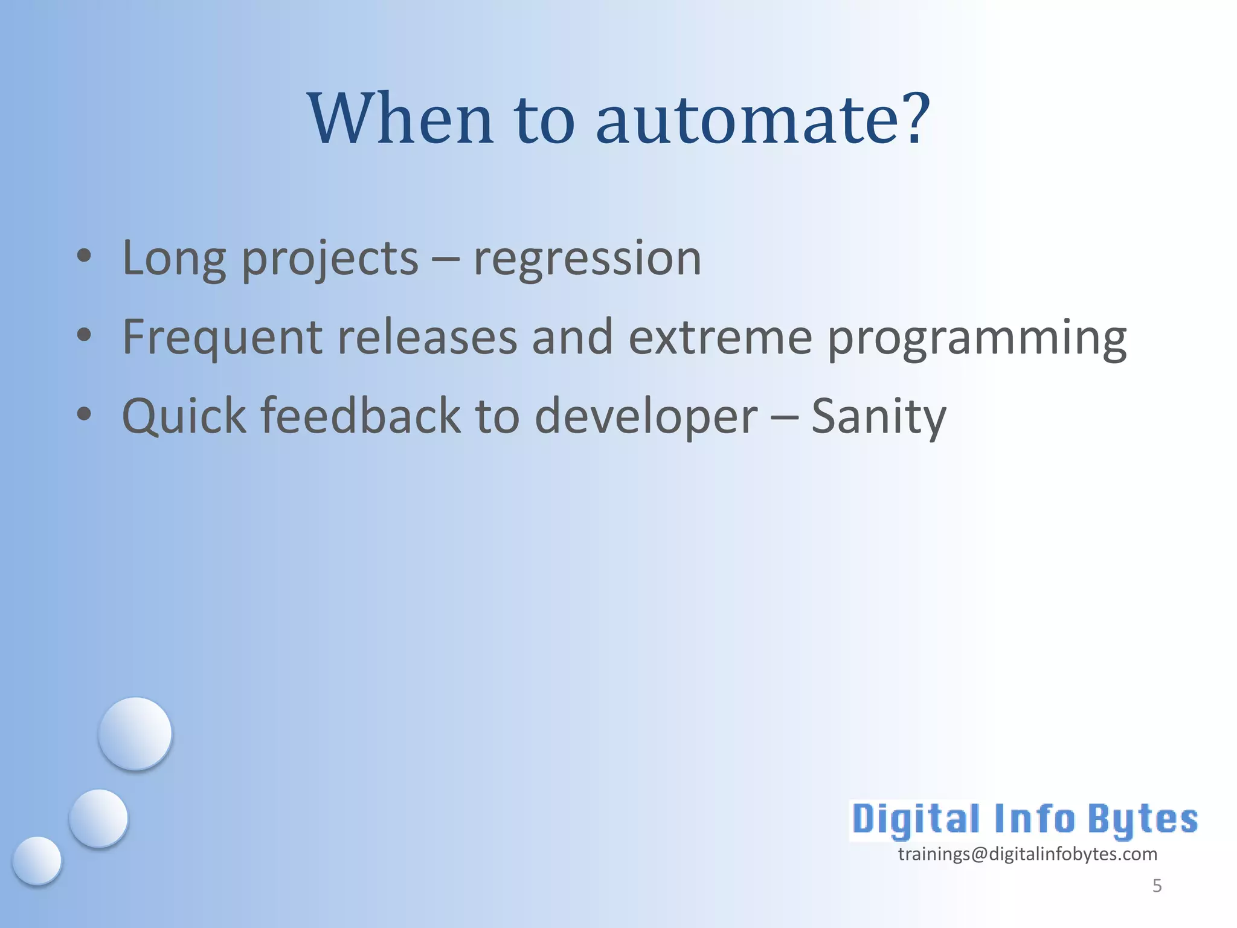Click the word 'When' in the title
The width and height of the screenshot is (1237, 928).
pyautogui.click(x=400, y=119)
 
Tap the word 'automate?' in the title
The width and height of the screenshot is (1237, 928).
pyautogui.click(x=763, y=119)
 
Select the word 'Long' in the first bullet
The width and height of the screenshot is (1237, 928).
pyautogui.click(x=174, y=259)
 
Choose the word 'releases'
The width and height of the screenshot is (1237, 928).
pyautogui.click(x=427, y=337)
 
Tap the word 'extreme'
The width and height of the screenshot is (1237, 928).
pyautogui.click(x=720, y=337)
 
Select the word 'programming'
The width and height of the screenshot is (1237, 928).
pyautogui.click(x=976, y=340)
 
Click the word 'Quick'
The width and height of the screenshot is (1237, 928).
pyautogui.click(x=184, y=417)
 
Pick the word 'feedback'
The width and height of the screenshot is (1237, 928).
pyautogui.click(x=361, y=416)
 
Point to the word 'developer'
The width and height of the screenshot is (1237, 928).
pyautogui.click(x=646, y=418)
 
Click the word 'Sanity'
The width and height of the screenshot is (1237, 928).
pyautogui.click(x=878, y=418)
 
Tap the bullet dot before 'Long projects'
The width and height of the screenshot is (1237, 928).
pyautogui.click(x=84, y=256)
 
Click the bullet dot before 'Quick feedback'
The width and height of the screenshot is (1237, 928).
pyautogui.click(x=84, y=414)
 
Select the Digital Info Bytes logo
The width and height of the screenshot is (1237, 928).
pyautogui.click(x=1024, y=820)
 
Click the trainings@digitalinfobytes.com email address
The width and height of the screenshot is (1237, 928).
pyautogui.click(x=1027, y=854)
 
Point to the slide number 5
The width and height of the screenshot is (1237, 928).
pyautogui.click(x=1157, y=886)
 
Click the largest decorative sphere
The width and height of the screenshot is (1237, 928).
pyautogui.click(x=135, y=733)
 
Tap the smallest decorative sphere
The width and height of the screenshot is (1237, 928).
pyautogui.click(x=37, y=860)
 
